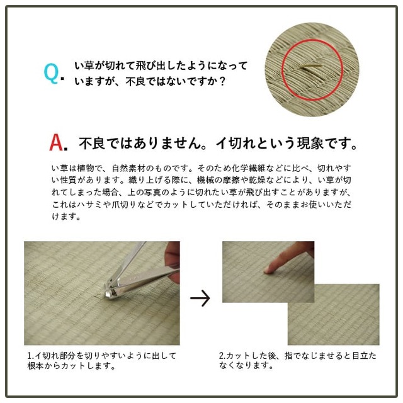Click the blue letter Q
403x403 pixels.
click(x=52, y=73)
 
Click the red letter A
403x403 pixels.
click(x=56, y=142)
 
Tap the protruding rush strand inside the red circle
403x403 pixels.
click(x=311, y=67)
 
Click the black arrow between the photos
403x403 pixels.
click(x=200, y=298)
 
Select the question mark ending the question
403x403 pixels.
click(x=222, y=81)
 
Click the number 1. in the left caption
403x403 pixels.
click(x=31, y=356)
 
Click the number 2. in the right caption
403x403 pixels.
click(x=222, y=356)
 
